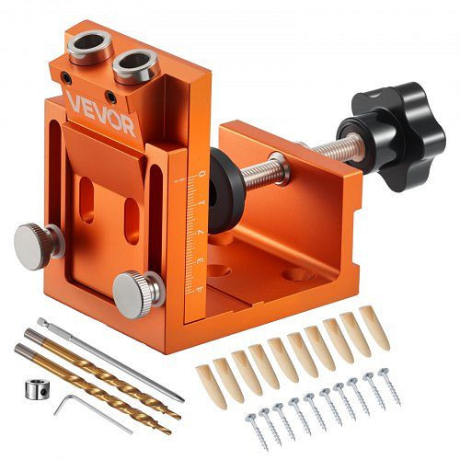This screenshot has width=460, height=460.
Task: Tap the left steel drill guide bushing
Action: coord(92,43)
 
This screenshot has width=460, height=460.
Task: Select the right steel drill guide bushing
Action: coord(135,64)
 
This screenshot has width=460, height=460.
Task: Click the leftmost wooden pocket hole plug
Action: coord(206,379)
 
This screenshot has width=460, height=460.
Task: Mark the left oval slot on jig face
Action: coord(88,199)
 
